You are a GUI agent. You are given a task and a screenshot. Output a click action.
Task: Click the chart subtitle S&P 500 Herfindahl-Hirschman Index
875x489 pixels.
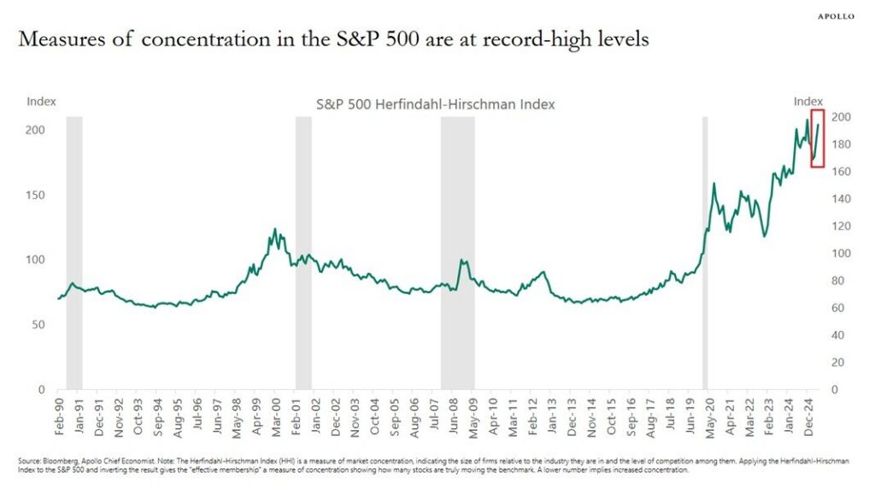pos(436,104)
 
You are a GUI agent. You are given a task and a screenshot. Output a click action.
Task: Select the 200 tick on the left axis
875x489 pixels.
pos(37,130)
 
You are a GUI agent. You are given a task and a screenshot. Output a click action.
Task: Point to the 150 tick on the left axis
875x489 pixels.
pos(37,195)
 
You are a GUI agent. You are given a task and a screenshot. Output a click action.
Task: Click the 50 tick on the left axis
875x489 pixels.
pos(40,325)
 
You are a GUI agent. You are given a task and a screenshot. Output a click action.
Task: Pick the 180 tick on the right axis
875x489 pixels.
pos(843,144)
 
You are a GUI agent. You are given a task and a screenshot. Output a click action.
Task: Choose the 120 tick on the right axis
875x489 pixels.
pos(843,227)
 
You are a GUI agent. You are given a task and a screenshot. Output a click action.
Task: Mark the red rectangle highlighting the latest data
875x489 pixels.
pos(817,138)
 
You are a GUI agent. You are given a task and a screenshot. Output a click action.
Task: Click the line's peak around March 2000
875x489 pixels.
pos(274,230)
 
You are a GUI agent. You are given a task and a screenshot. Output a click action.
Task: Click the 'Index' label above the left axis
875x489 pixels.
pos(41,101)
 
